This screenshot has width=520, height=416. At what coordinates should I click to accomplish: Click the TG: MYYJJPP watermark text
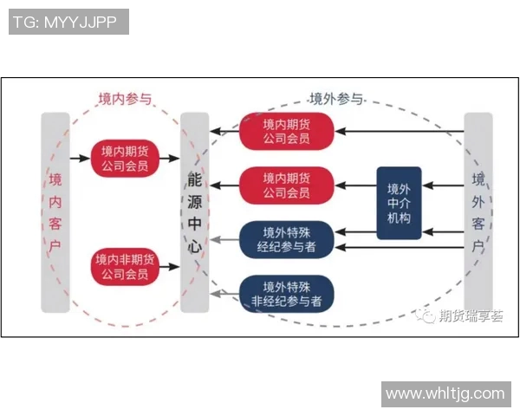point(68,22)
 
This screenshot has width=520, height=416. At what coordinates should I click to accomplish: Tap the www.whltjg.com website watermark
point(445,393)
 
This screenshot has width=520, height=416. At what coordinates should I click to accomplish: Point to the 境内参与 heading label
point(125,99)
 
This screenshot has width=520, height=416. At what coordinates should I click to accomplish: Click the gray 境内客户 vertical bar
point(55,212)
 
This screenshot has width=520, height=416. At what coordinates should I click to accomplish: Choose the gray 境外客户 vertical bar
point(478,212)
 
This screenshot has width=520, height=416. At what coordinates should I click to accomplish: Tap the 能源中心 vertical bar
point(194,212)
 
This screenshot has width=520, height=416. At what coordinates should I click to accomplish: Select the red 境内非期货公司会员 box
point(125,267)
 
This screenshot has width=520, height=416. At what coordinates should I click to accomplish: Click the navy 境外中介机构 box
point(399,203)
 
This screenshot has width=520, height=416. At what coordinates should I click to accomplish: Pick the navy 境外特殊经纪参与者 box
point(286,239)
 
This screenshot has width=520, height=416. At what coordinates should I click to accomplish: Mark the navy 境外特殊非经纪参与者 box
point(286,294)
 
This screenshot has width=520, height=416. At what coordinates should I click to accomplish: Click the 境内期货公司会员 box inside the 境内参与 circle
point(125,157)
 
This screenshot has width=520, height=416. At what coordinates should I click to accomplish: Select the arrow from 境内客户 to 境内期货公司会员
point(80,158)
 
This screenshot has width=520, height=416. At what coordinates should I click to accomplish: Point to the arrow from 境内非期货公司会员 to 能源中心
point(170,267)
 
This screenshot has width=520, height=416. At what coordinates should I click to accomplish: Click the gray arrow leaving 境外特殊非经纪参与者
point(224,294)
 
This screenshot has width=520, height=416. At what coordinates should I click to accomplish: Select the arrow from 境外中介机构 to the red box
point(355,184)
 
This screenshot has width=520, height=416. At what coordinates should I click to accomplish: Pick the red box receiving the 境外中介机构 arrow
point(286,184)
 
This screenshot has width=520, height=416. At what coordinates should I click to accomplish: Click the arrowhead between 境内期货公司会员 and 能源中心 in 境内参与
point(176,158)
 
